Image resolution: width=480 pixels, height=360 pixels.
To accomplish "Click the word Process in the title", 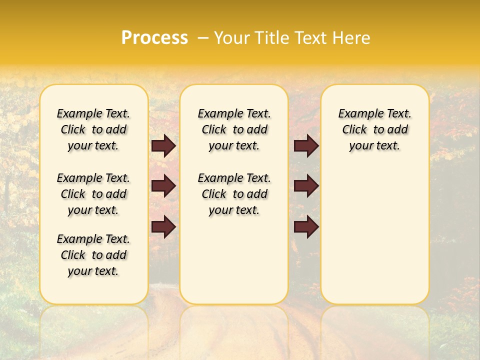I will [154, 38].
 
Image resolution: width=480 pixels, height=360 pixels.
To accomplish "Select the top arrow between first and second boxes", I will [163, 146].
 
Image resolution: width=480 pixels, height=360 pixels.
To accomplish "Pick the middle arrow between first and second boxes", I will [163, 186].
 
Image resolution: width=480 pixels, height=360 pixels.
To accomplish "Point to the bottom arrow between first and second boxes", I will [163, 227].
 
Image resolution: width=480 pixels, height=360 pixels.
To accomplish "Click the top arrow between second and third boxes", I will [306, 146].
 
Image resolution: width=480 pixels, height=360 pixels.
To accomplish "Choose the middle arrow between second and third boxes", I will [306, 186].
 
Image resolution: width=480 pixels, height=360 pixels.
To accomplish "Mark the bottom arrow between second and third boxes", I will [306, 227].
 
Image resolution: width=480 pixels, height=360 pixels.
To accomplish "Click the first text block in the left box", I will [93, 129].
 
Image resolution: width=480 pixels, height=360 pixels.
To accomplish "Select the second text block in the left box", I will [93, 194].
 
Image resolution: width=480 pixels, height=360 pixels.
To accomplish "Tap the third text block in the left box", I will [93, 255].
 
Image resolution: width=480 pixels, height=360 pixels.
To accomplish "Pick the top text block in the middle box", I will [234, 129].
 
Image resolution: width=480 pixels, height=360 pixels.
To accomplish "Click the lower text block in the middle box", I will [234, 194].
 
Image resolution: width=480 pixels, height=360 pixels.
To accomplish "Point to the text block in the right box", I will [374, 129].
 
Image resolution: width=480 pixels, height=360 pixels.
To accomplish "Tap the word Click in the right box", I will [354, 130].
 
